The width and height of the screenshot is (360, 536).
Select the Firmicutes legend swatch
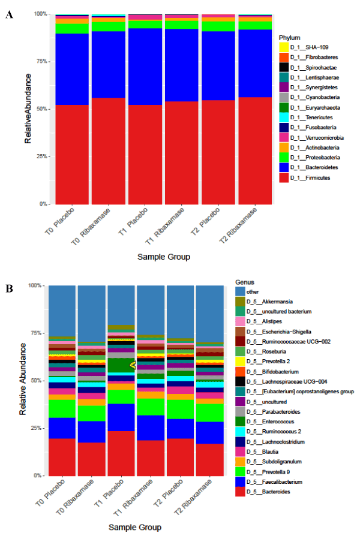[286, 177]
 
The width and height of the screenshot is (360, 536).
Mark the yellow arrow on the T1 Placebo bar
[133, 364]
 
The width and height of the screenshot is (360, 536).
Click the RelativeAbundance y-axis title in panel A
[28, 109]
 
